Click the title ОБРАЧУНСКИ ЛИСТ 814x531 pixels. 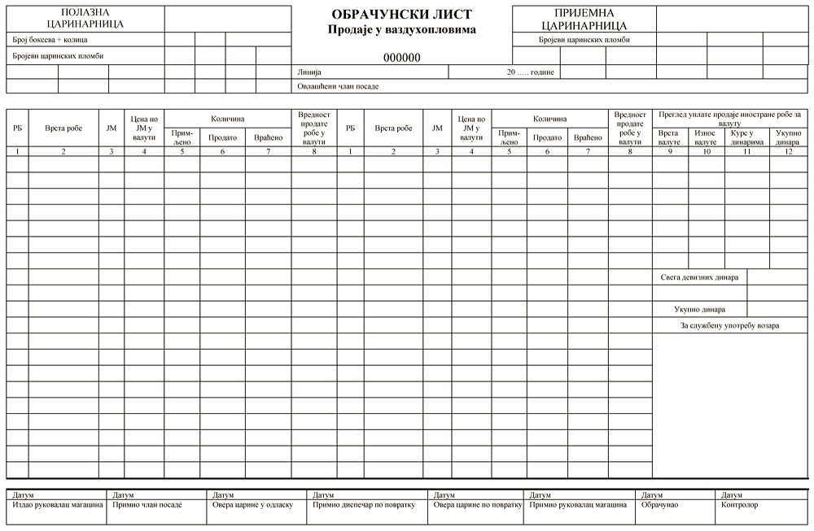[401, 15]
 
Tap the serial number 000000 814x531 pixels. [401, 58]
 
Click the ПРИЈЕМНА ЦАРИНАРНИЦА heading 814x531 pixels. [584, 18]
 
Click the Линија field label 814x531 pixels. [309, 72]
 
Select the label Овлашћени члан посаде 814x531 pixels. [338, 86]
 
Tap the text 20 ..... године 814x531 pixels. [530, 72]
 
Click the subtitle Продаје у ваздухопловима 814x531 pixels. [401, 30]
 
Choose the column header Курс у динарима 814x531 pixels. [747, 137]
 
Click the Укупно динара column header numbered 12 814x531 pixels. [788, 137]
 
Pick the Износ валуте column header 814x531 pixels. [706, 137]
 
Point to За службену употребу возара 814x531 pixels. [729, 326]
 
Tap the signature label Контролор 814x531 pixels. [739, 505]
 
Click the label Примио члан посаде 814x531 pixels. [147, 505]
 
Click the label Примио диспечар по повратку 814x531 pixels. [364, 505]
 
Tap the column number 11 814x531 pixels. [747, 152]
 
